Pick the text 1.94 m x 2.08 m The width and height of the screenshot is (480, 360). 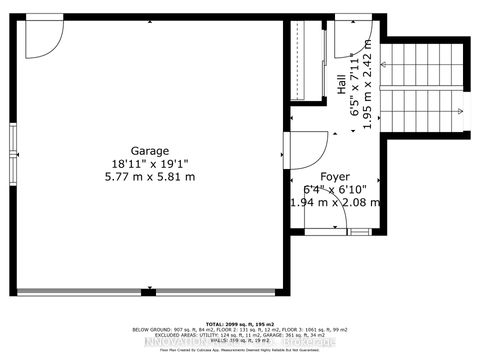[335, 202]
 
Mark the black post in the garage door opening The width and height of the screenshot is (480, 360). [149, 292]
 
